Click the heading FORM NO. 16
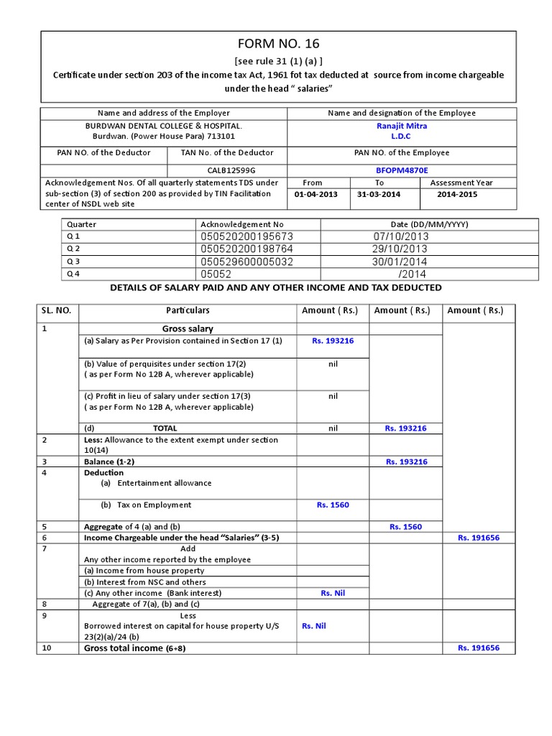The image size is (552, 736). pos(278,45)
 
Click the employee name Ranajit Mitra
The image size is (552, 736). pos(401,126)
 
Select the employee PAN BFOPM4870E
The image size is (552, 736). pos(401,170)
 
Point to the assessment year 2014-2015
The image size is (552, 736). pos(456,194)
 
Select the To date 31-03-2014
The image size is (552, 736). pos(379,194)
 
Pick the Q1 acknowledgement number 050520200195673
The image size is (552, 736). pos(247,236)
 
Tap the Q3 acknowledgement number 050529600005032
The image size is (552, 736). pos(247,262)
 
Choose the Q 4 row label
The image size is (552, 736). pos(73,274)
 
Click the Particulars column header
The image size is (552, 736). pos(188,310)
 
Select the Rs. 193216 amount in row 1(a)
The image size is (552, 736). pos(332,341)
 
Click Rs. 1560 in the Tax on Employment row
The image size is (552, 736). pos(332,505)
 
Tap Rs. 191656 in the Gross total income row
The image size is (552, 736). pos(478,648)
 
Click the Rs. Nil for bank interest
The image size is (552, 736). pos(332,593)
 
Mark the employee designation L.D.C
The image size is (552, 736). pos(401,136)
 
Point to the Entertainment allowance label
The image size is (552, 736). pos(164,483)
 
